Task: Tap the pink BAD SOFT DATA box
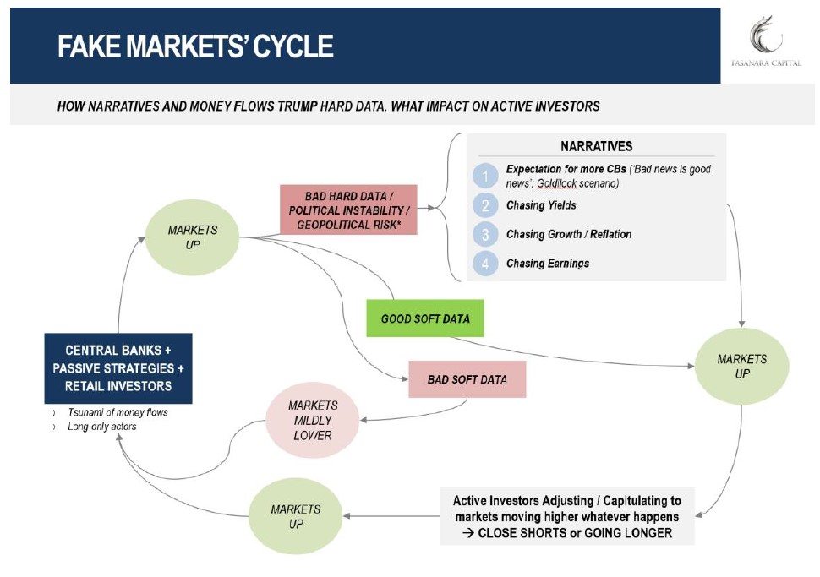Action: pyautogui.click(x=467, y=379)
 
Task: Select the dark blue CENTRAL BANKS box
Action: pyautogui.click(x=118, y=368)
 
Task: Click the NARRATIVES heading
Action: pyautogui.click(x=596, y=147)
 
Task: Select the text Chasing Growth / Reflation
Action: pyautogui.click(x=568, y=234)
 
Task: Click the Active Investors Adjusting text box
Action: pyautogui.click(x=566, y=516)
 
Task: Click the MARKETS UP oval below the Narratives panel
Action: pyautogui.click(x=741, y=366)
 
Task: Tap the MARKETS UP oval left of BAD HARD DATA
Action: pyautogui.click(x=193, y=237)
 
